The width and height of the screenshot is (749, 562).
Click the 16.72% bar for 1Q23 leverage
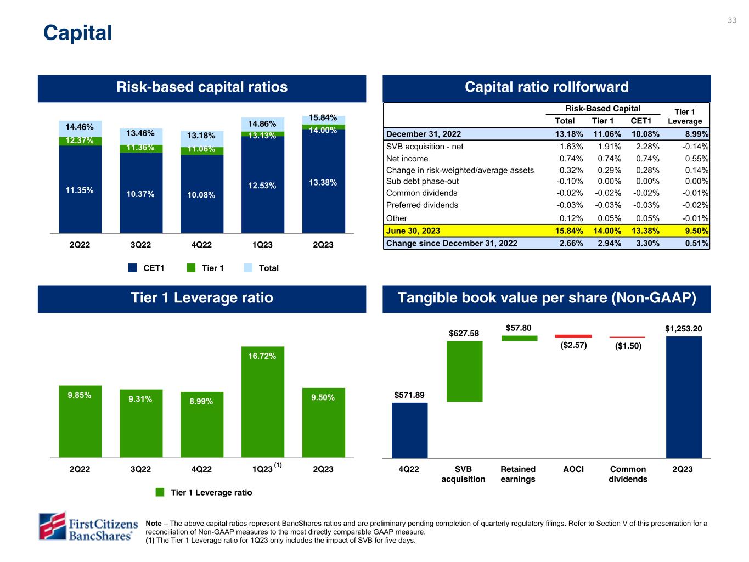[x=263, y=401]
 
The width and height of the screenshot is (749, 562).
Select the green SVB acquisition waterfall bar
[x=464, y=372]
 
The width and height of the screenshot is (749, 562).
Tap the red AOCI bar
[x=573, y=336]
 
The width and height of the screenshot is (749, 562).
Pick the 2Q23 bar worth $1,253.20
[x=684, y=397]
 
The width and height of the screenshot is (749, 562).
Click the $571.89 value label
[x=409, y=395]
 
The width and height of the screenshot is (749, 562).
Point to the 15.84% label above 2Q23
[x=323, y=118]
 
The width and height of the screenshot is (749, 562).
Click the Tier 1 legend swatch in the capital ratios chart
[x=191, y=268]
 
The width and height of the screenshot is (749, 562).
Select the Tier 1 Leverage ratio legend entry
[x=204, y=492]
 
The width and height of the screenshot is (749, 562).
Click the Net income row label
[x=407, y=159]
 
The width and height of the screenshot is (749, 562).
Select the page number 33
[x=732, y=20]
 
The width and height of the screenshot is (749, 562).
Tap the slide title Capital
[x=77, y=33]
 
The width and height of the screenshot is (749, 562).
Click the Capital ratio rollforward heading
[x=547, y=87]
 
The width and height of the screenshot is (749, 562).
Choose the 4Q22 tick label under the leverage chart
[x=201, y=469]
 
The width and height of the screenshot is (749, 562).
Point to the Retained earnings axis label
[x=518, y=474]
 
